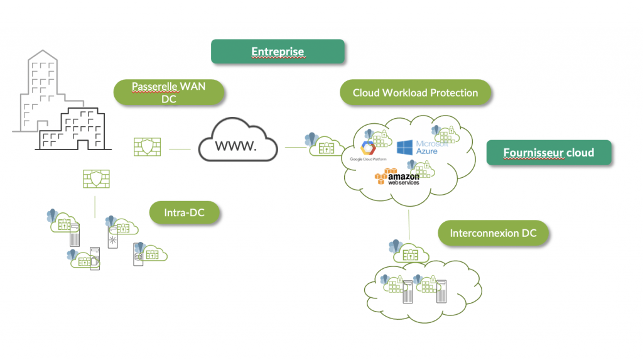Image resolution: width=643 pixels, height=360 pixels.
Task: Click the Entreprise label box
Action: point(278,52)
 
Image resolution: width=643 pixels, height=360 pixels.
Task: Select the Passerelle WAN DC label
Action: point(169,92)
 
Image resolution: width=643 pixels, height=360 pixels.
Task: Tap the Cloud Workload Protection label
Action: point(415,93)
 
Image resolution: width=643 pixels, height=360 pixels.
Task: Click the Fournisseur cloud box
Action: point(548,153)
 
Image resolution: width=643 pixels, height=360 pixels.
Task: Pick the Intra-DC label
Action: point(185,213)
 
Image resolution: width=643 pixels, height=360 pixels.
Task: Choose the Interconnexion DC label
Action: point(493,234)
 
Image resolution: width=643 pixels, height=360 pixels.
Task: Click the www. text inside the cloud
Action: point(236,146)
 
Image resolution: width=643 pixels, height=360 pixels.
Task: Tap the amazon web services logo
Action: point(397,178)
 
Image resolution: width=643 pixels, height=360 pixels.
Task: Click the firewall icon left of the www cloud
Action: point(147,147)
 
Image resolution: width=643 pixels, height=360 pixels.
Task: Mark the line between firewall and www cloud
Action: point(180,149)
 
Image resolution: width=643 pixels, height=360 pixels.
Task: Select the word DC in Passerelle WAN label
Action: point(169,99)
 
